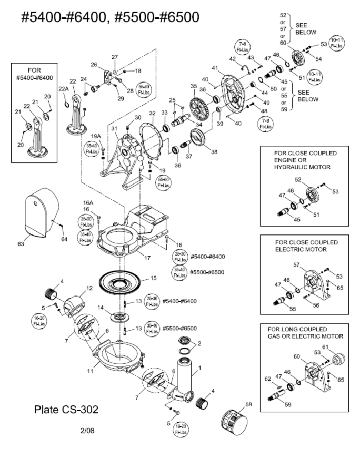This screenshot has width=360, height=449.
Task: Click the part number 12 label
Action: tap(89, 289)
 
